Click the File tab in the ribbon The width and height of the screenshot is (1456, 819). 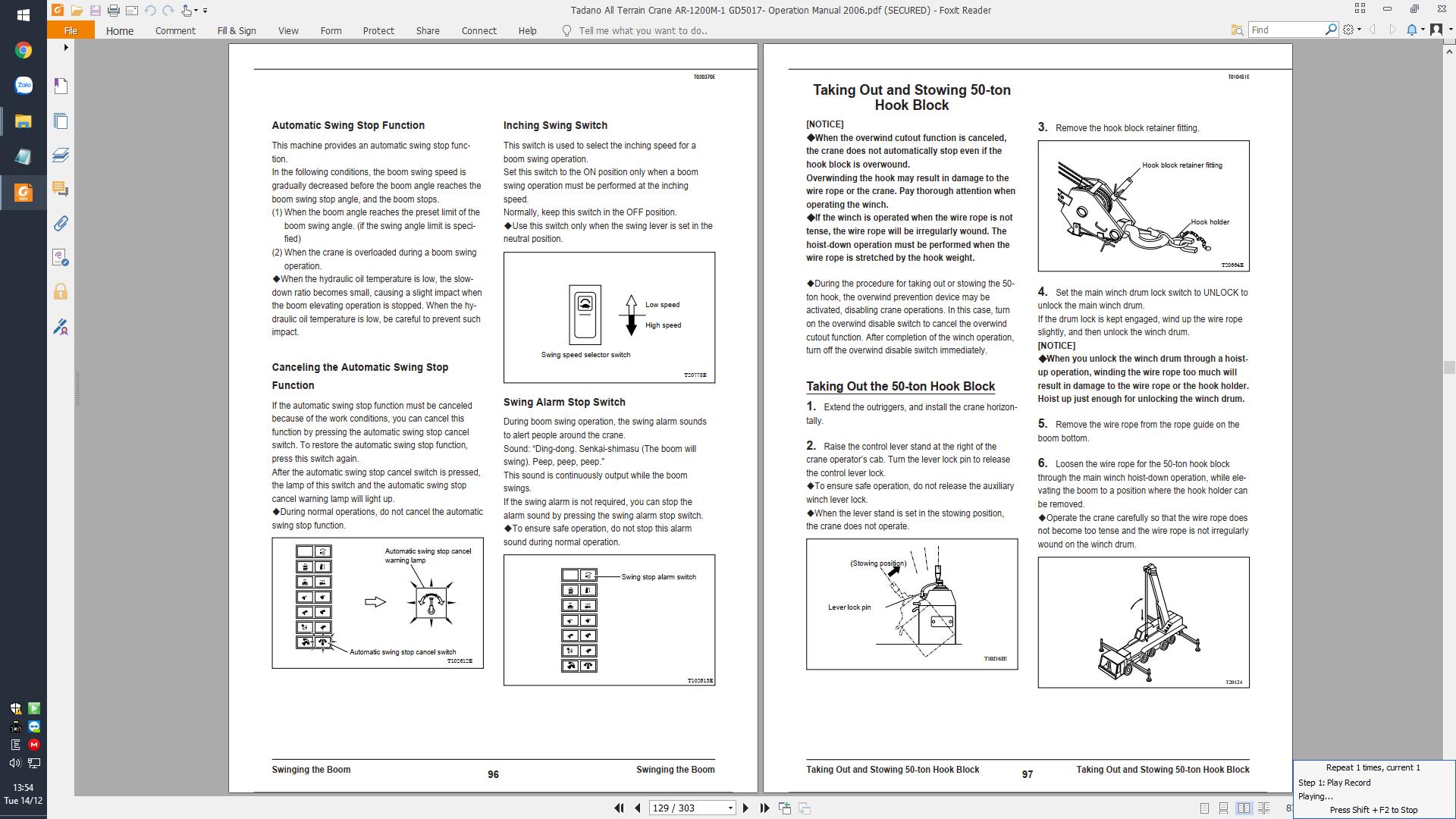coord(71,30)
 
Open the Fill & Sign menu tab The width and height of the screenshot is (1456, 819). coord(237,30)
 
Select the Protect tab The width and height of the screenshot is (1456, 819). coord(378,30)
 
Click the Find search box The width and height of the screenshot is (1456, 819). coord(1286,30)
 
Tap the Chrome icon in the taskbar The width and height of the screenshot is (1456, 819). coord(24,50)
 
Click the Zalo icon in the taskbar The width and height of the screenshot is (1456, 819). coord(24,85)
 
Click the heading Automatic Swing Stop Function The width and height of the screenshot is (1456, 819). coord(348,125)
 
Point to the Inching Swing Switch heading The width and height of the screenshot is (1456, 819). coord(555,125)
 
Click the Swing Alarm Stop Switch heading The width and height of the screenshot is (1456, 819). coord(564,402)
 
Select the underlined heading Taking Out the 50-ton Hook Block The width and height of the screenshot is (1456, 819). coord(900,386)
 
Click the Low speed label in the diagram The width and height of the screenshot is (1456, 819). coord(662,305)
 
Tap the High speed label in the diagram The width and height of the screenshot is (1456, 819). coord(663,325)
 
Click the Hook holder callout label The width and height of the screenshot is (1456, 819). coord(1210,222)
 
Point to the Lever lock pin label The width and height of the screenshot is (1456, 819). coord(849,607)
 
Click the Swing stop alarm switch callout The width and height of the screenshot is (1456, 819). coord(658,577)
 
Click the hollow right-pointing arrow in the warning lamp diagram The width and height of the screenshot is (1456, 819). coord(375,602)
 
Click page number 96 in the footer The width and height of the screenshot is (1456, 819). coord(493,774)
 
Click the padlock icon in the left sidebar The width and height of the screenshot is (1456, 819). coord(61,292)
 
